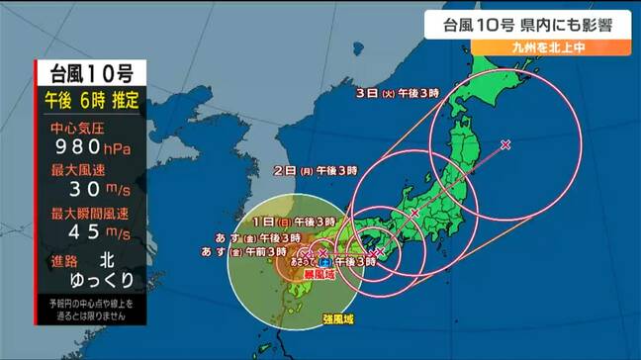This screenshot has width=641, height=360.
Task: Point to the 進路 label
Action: click(66, 258)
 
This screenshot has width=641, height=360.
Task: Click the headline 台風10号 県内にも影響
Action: click(528, 22)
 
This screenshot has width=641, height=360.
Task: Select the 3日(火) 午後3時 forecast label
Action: click(397, 92)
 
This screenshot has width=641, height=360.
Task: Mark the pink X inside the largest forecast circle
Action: click(506, 145)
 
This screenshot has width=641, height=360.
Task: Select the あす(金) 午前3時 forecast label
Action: click(255, 254)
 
